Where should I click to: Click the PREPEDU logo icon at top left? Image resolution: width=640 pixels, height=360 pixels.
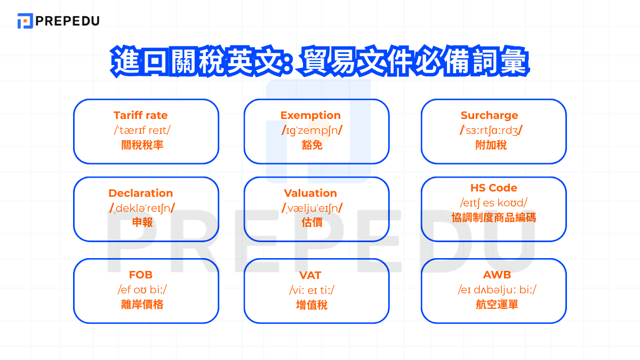pyautogui.click(x=25, y=21)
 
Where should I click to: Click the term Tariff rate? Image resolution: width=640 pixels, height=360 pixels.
pyautogui.click(x=140, y=115)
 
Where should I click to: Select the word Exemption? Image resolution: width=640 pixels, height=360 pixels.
pyautogui.click(x=310, y=115)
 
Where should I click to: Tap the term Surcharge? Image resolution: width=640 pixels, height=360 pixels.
pyautogui.click(x=489, y=115)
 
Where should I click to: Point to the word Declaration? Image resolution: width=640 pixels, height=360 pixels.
pyautogui.click(x=140, y=193)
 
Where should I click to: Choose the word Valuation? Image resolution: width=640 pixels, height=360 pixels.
pyautogui.click(x=310, y=193)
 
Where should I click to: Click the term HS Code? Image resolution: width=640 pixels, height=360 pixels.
pyautogui.click(x=493, y=188)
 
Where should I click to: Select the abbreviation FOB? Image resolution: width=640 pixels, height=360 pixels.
pyautogui.click(x=141, y=275)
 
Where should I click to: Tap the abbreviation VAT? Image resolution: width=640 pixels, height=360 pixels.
pyautogui.click(x=310, y=275)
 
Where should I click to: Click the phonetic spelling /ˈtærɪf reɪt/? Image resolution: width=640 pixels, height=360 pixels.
pyautogui.click(x=140, y=130)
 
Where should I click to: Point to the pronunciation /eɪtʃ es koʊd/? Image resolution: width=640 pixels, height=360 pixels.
pyautogui.click(x=493, y=203)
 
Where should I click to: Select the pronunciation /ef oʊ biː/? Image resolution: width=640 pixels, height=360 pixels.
pyautogui.click(x=141, y=290)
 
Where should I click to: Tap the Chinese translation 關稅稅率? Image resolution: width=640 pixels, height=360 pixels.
pyautogui.click(x=140, y=145)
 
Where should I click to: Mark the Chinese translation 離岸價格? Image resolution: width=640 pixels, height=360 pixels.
pyautogui.click(x=141, y=305)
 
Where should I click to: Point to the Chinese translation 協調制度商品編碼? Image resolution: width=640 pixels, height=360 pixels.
pyautogui.click(x=493, y=218)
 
